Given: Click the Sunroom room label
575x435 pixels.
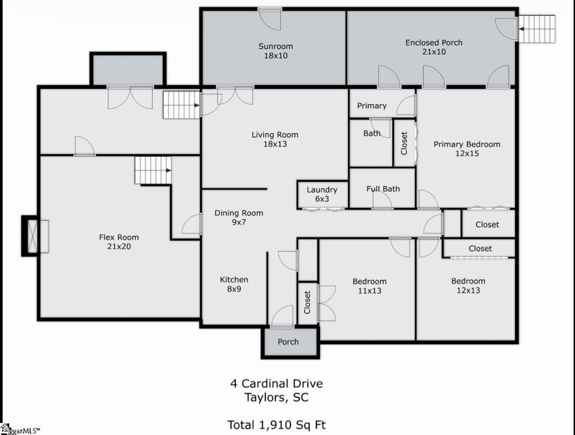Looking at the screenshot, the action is [276, 51].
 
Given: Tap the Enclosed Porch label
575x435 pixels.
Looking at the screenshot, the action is [434, 47].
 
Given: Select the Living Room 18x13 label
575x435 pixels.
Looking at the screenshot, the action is [275, 139].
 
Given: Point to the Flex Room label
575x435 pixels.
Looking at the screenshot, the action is [119, 242].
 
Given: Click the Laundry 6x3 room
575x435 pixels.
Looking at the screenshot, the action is [322, 194].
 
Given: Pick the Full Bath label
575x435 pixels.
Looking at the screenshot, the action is [383, 189].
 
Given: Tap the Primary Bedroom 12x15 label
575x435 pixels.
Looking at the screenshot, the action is [467, 149].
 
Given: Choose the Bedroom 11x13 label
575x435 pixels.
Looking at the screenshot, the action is [369, 286].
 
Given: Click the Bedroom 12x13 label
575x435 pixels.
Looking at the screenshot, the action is [468, 285].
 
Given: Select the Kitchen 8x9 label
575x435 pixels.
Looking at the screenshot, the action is [234, 284].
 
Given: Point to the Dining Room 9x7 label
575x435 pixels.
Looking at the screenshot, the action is [239, 217].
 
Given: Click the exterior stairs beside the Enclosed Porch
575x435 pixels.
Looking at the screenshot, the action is [537, 29].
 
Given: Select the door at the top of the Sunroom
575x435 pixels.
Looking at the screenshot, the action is [270, 19].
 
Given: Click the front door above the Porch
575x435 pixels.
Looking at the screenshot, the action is [282, 316].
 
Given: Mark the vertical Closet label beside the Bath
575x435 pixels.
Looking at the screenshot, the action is [404, 143].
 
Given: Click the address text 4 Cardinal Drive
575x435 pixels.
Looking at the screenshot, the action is [276, 384].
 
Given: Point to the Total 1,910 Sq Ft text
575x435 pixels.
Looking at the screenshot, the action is [276, 425].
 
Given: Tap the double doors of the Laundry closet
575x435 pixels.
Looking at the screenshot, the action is [323, 209].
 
